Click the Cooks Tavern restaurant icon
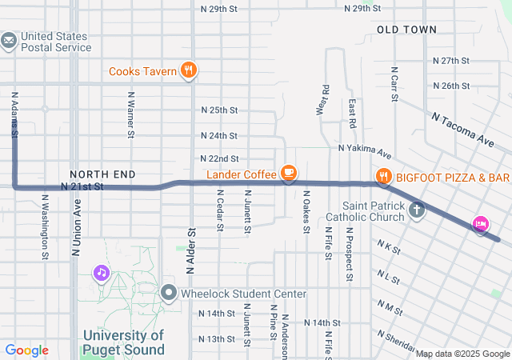click(188, 70)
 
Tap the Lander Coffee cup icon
click(289, 174)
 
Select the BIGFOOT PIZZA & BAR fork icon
click(384, 176)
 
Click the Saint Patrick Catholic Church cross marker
click(415, 211)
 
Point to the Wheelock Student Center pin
click(168, 294)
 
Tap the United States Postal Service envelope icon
click(9, 40)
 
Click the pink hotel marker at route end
click(481, 225)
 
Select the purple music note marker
click(102, 274)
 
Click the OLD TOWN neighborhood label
click(407, 30)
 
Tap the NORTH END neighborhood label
click(102, 174)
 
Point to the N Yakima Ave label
click(364, 149)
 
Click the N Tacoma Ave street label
click(462, 128)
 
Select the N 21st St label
click(83, 186)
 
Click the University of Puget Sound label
click(124, 342)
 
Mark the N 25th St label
click(219, 110)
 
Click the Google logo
click(26, 350)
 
